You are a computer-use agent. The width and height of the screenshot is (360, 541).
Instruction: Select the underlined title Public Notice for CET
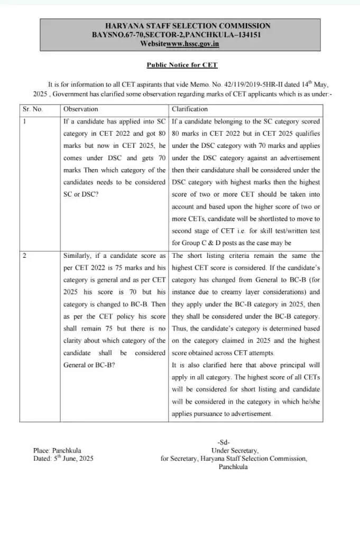pyautogui.click(x=182, y=65)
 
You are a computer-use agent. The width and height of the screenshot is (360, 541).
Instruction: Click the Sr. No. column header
pyautogui.click(x=33, y=109)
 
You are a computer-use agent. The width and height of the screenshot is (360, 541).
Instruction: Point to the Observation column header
pyautogui.click(x=80, y=109)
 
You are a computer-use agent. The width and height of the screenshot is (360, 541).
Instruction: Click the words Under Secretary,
pyautogui.click(x=235, y=451)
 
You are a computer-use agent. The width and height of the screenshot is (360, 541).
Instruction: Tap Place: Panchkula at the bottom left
pyautogui.click(x=57, y=451)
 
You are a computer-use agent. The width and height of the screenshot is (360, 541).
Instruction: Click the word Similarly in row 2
pyautogui.click(x=79, y=256)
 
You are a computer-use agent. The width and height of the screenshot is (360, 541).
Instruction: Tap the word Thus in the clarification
pyautogui.click(x=180, y=329)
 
